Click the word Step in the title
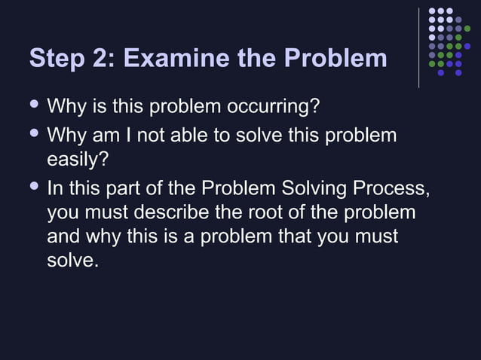click(x=55, y=59)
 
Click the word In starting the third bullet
click(x=56, y=187)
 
